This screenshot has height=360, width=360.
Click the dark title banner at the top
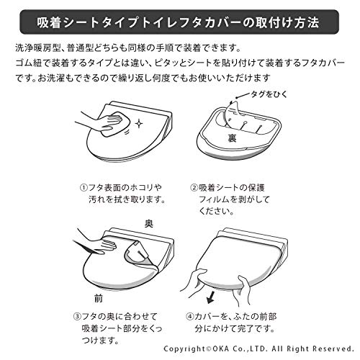tap(179, 22)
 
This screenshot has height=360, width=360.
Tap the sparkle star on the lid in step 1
tap(138, 123)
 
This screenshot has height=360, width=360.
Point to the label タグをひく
tap(269, 94)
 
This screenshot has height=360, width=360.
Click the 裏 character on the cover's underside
tap(232, 138)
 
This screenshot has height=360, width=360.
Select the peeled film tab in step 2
tap(232, 115)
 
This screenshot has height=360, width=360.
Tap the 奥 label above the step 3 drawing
tap(148, 224)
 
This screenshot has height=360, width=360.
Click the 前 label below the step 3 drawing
tap(99, 298)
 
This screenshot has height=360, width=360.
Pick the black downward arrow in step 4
tap(211, 297)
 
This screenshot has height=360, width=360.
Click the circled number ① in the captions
tap(84, 187)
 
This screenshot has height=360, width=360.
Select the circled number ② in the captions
tap(194, 187)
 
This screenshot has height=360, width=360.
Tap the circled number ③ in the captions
tap(77, 316)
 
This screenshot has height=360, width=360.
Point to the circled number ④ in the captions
tap(189, 316)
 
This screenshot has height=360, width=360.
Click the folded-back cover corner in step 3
tap(139, 254)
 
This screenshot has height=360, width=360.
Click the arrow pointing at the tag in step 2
tap(243, 96)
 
